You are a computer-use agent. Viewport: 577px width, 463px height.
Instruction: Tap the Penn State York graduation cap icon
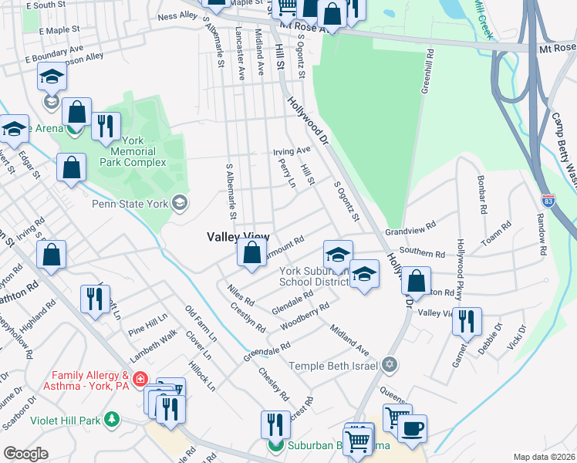[180, 203]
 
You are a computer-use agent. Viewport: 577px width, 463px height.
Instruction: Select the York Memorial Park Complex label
[133, 152]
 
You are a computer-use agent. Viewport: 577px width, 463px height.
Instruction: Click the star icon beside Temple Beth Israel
[390, 363]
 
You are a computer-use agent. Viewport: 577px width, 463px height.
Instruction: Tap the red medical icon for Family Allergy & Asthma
[139, 379]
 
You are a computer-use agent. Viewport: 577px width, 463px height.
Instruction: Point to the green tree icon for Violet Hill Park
[113, 420]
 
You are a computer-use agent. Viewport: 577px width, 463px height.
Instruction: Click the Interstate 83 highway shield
[547, 199]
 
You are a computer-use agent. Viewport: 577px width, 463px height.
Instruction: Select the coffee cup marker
[412, 428]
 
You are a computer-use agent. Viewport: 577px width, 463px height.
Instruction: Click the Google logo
[25, 454]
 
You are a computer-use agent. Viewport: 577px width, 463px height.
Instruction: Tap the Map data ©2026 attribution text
[544, 457]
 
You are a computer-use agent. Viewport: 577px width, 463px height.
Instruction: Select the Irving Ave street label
[292, 150]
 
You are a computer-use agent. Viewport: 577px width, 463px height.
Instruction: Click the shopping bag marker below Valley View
[251, 253]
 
